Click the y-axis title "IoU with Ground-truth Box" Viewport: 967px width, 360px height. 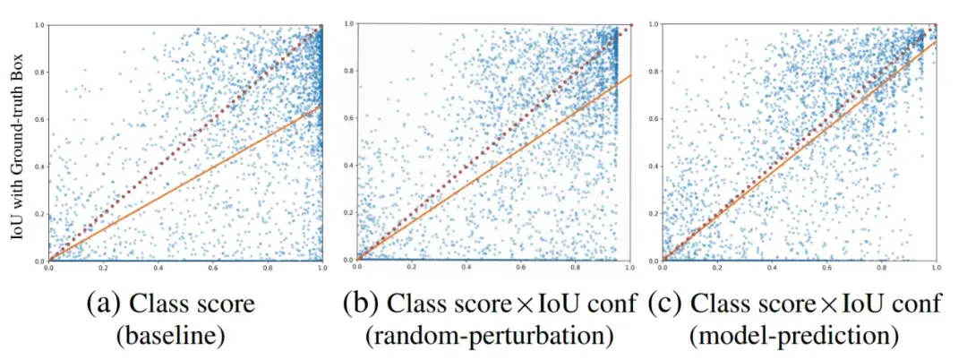(17, 142)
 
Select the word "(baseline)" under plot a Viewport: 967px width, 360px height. (183, 337)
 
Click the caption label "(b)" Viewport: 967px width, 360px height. (362, 304)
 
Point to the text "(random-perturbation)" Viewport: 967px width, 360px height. (489, 337)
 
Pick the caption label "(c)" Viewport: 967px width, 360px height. (667, 304)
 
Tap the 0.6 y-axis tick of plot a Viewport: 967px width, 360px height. (40, 119)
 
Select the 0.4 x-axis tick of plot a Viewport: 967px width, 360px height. (158, 267)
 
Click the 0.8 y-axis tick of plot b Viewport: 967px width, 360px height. (348, 73)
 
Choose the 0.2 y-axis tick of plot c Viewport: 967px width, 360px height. (653, 213)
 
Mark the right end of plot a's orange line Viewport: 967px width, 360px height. (321, 106)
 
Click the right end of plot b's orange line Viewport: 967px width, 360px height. (630, 75)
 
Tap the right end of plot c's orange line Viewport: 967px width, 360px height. (937, 41)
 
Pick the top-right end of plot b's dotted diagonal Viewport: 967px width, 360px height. (630, 25)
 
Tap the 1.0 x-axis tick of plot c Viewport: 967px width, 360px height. (937, 267)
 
